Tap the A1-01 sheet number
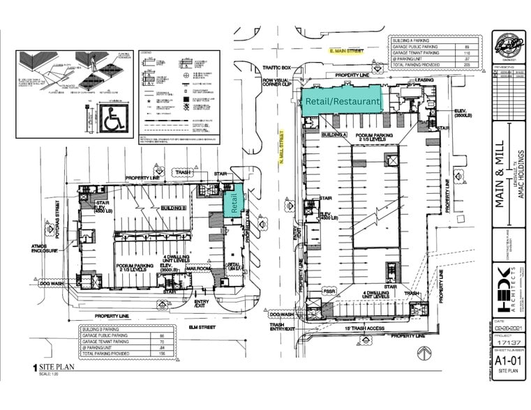(504, 360)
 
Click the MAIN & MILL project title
(502, 168)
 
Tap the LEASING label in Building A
(424, 79)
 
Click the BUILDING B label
(173, 207)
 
